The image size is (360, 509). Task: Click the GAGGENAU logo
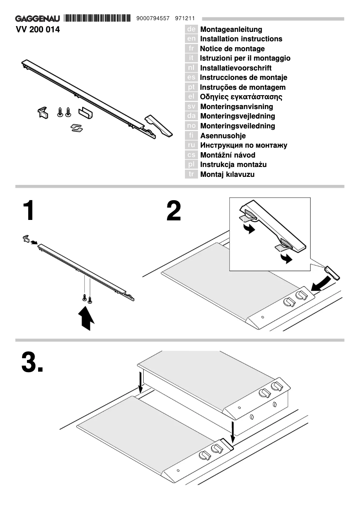(38, 19)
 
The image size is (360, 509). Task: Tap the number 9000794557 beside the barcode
(152, 19)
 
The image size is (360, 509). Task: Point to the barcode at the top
(100, 18)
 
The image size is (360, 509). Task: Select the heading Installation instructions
(241, 39)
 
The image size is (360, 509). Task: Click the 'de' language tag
(191, 29)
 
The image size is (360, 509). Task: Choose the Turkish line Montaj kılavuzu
(227, 174)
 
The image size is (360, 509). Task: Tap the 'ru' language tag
(191, 145)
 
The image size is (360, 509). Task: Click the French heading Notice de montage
(232, 48)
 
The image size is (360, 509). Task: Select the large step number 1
(29, 211)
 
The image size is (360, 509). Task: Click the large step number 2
(174, 211)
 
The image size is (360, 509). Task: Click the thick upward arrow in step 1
(86, 319)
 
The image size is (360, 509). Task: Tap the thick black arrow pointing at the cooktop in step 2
(322, 283)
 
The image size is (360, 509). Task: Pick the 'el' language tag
(191, 97)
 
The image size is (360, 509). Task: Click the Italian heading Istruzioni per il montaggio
(245, 58)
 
